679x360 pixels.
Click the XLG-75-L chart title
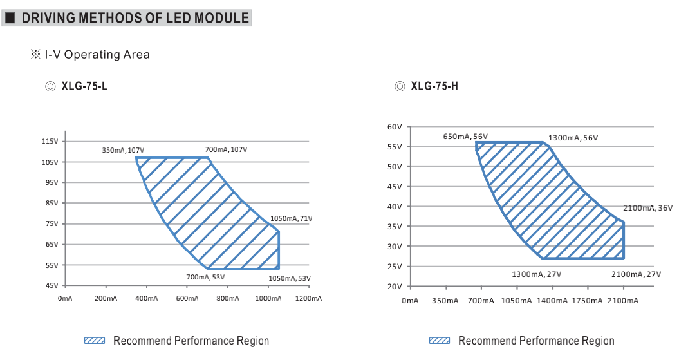tap(84, 86)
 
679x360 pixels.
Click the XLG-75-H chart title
tap(434, 86)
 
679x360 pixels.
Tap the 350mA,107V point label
tap(123, 150)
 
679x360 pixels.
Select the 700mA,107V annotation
tap(226, 150)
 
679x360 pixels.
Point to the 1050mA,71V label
tap(291, 218)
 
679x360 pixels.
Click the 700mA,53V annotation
tap(206, 277)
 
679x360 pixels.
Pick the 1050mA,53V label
tap(289, 278)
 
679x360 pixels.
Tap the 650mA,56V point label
tap(465, 137)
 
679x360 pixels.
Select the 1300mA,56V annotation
tap(573, 138)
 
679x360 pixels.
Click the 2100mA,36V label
tap(647, 208)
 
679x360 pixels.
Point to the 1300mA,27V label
tap(536, 274)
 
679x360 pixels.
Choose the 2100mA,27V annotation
tap(636, 274)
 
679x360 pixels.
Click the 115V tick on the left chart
tap(50, 141)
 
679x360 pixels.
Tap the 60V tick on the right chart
tap(395, 127)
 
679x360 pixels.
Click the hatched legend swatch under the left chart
tap(95, 341)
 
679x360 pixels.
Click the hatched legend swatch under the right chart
tap(440, 341)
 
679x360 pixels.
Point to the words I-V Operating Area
tap(97, 55)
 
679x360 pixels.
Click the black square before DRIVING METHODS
tap(10, 18)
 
